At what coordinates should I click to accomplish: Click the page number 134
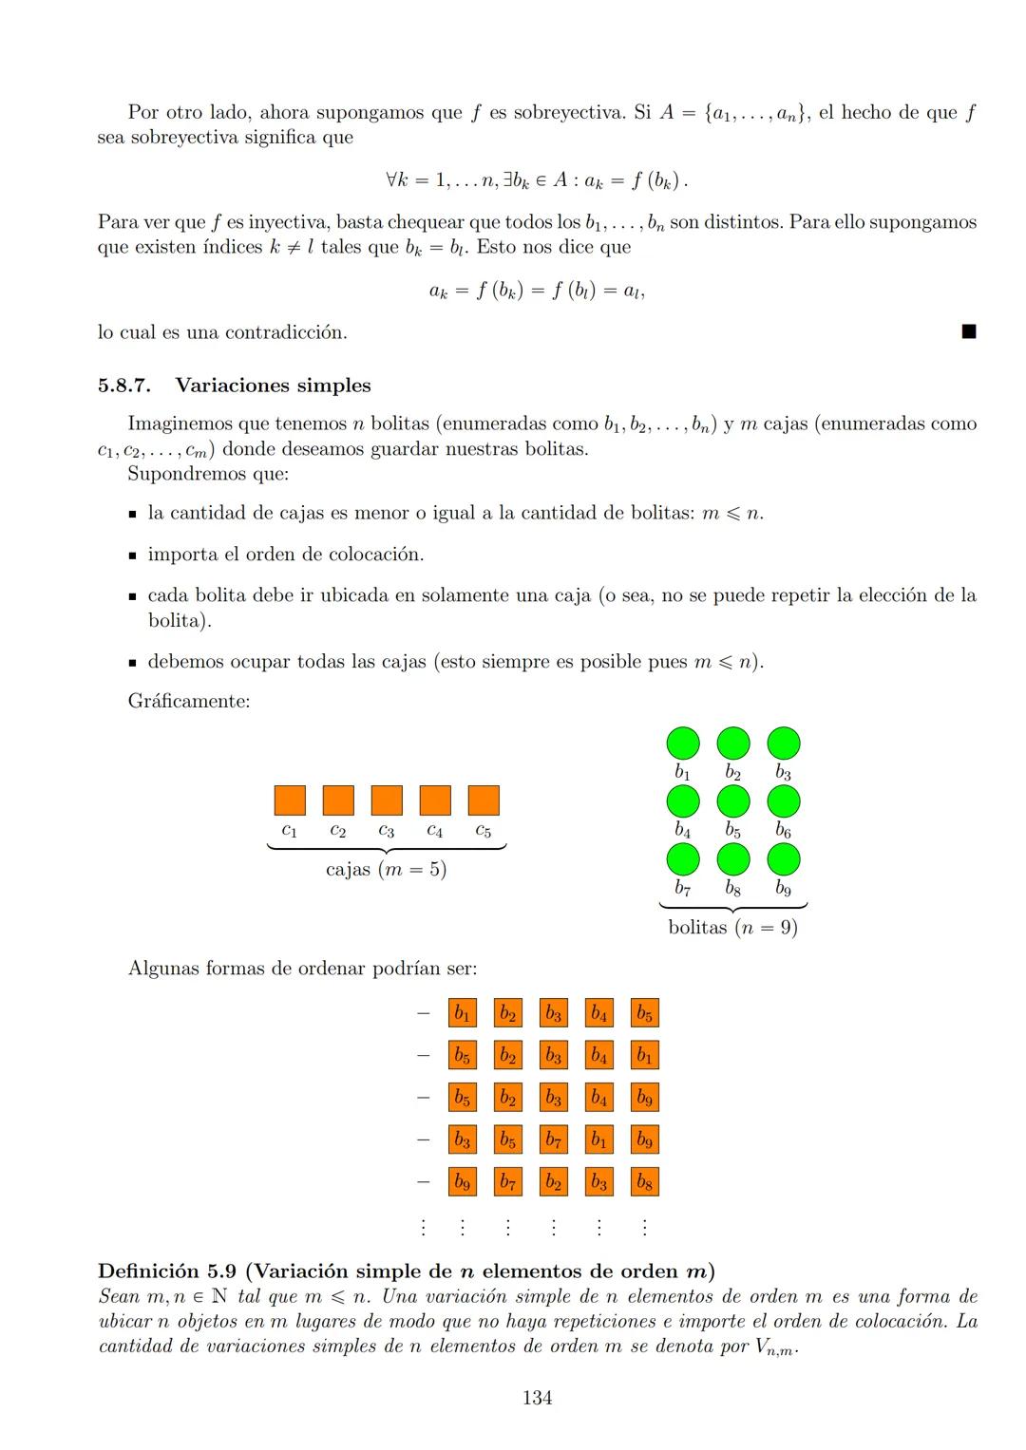[x=537, y=1398]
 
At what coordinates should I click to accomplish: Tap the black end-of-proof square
[x=968, y=331]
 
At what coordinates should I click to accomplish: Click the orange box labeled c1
[x=290, y=800]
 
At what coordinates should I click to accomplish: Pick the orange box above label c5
[x=484, y=800]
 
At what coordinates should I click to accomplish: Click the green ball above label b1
[x=682, y=743]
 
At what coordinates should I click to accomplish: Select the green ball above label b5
[x=732, y=801]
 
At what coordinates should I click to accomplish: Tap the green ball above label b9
[x=783, y=859]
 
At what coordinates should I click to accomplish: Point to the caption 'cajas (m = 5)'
[x=386, y=870]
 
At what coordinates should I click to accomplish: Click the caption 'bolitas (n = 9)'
[x=732, y=928]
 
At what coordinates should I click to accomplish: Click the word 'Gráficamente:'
[x=188, y=702]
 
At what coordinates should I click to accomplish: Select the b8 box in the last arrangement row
[x=644, y=1182]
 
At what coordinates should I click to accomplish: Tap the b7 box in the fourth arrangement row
[x=553, y=1139]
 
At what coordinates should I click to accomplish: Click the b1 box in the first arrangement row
[x=462, y=1013]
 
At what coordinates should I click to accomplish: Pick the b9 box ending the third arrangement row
[x=644, y=1098]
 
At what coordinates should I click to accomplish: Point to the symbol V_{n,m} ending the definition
[x=775, y=1347]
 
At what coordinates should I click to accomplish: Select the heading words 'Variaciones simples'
[x=273, y=386]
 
